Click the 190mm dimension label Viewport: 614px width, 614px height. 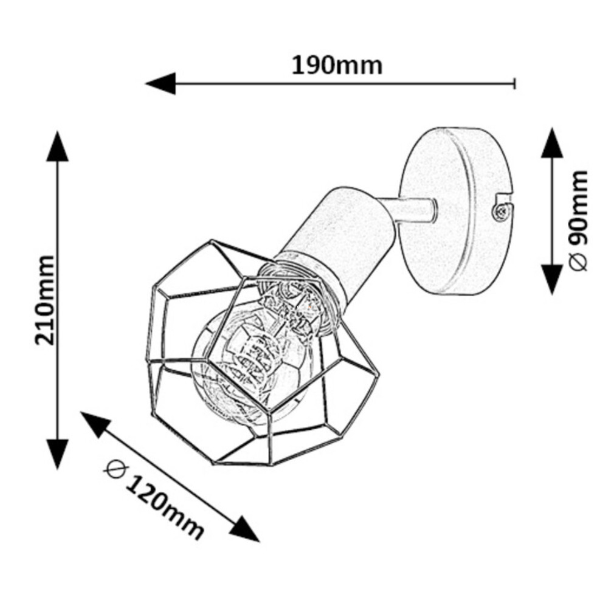tap(337, 66)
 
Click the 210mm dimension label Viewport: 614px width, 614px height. tap(44, 300)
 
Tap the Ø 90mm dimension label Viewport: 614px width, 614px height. tap(578, 221)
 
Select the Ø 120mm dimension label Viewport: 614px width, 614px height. tap(154, 499)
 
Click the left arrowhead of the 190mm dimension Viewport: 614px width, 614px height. tap(160, 83)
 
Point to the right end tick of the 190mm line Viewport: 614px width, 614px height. tap(514, 83)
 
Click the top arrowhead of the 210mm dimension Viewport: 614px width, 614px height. tap(58, 147)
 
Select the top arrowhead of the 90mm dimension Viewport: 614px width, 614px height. tap(552, 142)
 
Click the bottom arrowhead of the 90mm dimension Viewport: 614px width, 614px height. tap(552, 279)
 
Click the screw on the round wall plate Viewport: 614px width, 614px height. tap(500, 212)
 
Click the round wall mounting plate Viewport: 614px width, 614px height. tap(456, 211)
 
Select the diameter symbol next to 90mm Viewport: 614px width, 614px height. tap(578, 262)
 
